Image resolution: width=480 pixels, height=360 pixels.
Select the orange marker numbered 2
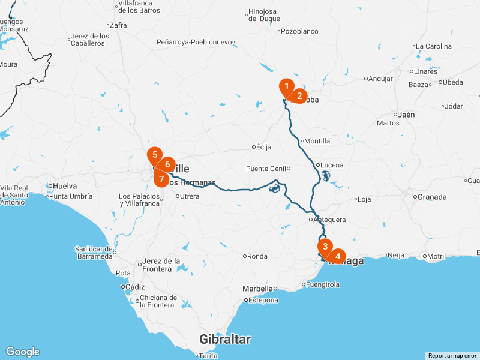[x=299, y=95]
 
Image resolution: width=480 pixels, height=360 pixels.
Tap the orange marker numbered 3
[x=325, y=247]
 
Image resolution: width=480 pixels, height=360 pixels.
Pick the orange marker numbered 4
[x=338, y=256]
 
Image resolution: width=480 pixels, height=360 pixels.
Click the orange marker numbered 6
[x=167, y=164]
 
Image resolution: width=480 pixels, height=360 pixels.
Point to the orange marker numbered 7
[x=161, y=178]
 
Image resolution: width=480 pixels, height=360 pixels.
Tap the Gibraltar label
[x=225, y=340]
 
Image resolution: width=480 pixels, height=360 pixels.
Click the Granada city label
[x=432, y=197]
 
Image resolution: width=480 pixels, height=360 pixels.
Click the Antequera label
[x=330, y=220]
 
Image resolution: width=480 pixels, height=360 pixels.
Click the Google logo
[x=22, y=352]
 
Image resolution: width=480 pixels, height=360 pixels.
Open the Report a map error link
[x=452, y=356]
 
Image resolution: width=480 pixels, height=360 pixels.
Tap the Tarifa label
[x=208, y=356]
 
